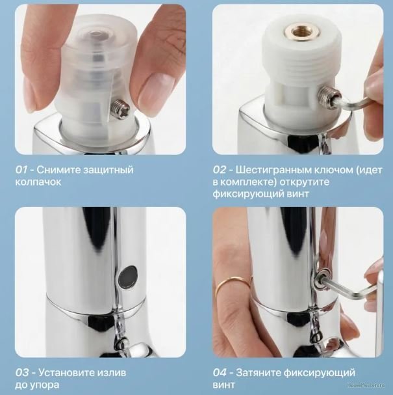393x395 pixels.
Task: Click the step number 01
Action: [x=21, y=170]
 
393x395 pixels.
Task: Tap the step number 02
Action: [x=220, y=170]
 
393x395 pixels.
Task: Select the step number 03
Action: [x=21, y=373]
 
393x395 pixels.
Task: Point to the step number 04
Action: [x=220, y=373]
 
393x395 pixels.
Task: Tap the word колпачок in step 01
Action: [x=38, y=182]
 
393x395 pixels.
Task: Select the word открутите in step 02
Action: [x=304, y=182]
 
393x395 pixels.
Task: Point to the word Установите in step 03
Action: [x=65, y=373]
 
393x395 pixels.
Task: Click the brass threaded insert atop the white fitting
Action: [x=302, y=32]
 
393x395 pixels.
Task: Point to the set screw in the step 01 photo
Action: [x=121, y=109]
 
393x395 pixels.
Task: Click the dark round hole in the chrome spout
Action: [x=128, y=275]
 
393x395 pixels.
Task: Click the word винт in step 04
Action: [x=223, y=385]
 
